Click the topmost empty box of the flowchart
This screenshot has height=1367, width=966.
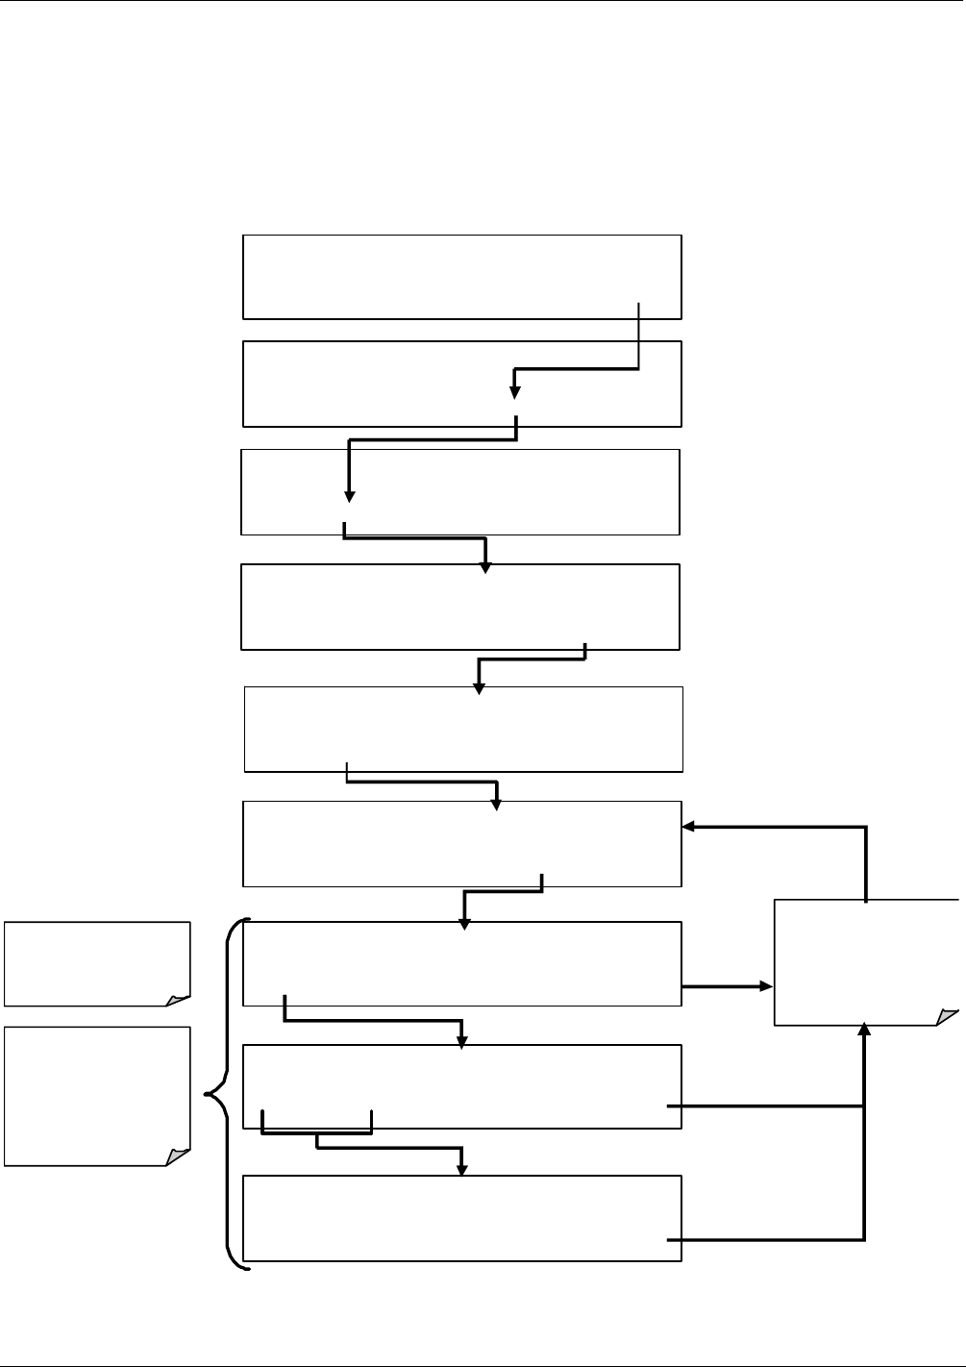point(462,276)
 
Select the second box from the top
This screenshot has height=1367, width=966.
point(462,383)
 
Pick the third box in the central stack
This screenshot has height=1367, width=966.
point(460,491)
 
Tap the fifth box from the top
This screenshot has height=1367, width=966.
point(463,729)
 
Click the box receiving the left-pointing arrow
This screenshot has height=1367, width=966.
point(462,843)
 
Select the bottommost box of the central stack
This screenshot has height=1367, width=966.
point(462,1217)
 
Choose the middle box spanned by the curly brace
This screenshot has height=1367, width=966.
point(462,1086)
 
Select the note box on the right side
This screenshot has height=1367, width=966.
point(866,961)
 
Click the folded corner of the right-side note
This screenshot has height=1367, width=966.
point(948,1016)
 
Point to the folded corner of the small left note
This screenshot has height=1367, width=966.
point(179,999)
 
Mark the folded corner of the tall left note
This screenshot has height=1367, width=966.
point(179,1156)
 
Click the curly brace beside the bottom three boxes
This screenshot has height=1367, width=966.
point(228,1094)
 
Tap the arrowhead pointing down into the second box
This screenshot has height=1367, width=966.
point(515,391)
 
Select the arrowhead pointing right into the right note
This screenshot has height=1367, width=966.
point(766,986)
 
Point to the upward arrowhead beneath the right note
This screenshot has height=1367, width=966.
point(865,1031)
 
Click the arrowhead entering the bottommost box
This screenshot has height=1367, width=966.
point(462,1169)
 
